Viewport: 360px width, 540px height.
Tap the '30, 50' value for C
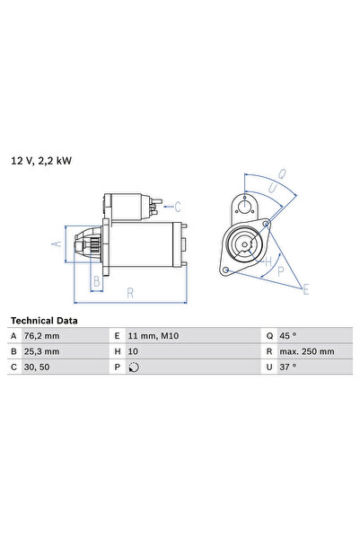point(41,367)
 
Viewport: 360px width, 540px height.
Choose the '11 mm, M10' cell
point(155,335)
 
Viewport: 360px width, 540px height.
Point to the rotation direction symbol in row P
point(135,367)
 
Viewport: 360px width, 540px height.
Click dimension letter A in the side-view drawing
point(56,243)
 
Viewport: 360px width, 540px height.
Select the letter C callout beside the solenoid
point(178,206)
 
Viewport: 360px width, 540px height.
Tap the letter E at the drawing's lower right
point(305,289)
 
